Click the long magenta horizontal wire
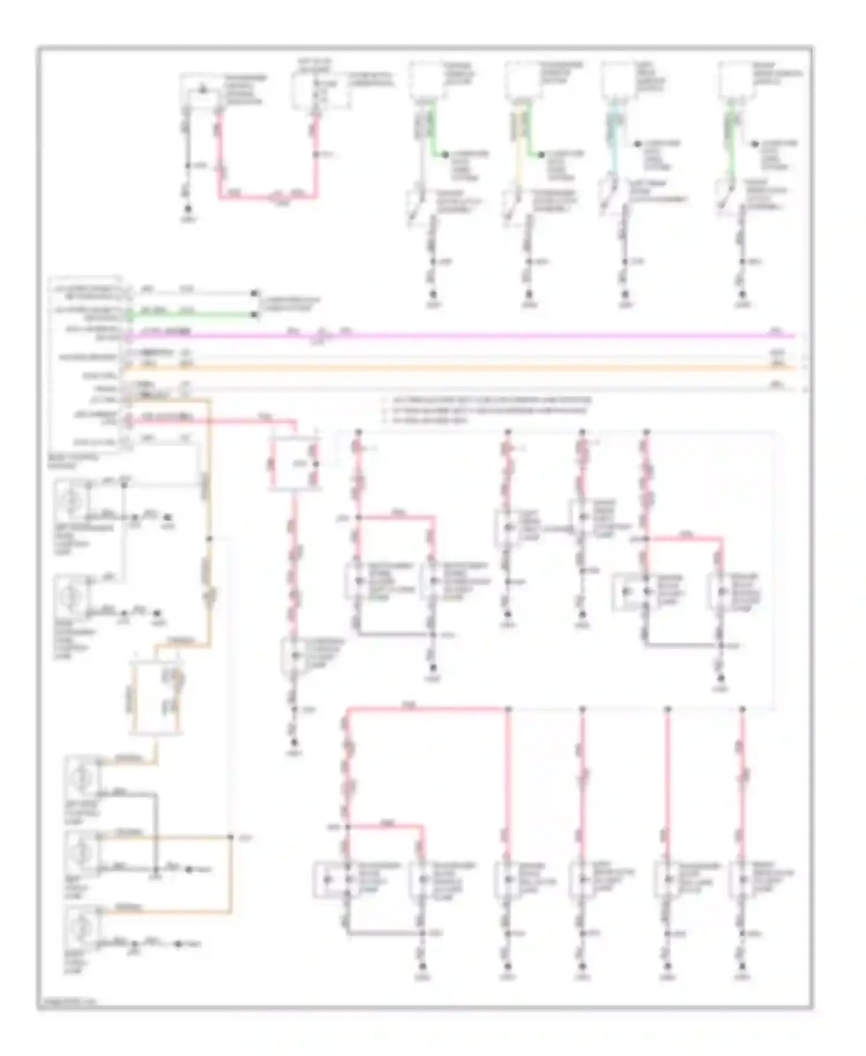tap(520, 334)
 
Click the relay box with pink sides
tap(295, 464)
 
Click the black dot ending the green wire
tap(254, 314)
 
